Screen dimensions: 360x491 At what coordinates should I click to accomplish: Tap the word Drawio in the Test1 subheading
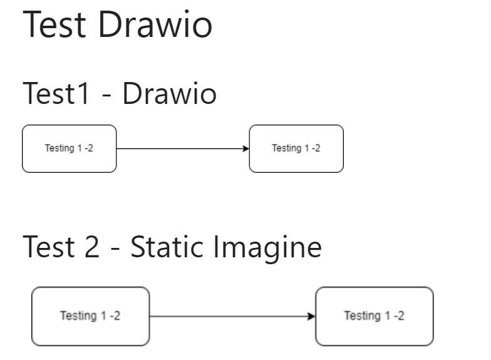click(169, 95)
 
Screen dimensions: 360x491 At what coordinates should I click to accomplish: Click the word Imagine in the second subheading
click(269, 249)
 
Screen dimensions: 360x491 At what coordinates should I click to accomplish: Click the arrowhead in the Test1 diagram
click(246, 148)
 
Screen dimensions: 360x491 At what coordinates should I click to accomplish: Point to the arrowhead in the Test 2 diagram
click(311, 316)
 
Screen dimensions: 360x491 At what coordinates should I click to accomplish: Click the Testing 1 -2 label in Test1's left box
click(69, 148)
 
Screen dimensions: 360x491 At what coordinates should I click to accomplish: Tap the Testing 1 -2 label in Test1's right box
click(296, 148)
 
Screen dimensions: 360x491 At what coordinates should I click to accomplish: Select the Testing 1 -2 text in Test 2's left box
click(91, 316)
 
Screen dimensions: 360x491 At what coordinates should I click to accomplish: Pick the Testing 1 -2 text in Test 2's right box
click(375, 316)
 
